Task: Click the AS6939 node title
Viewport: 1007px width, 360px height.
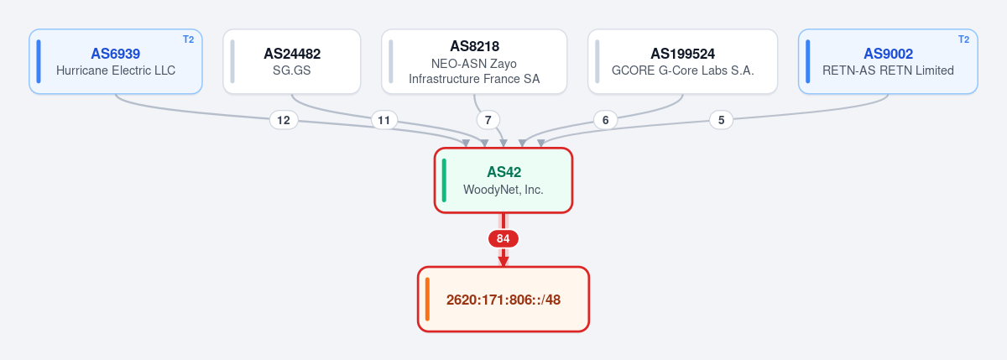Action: pyautogui.click(x=116, y=54)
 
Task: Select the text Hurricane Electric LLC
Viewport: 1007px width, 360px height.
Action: pyautogui.click(x=116, y=70)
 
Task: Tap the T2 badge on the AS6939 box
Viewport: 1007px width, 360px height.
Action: pyautogui.click(x=188, y=39)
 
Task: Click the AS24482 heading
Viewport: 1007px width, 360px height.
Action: pyautogui.click(x=292, y=54)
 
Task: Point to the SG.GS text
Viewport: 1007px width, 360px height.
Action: pyautogui.click(x=292, y=70)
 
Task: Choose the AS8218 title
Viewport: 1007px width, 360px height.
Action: pyautogui.click(x=474, y=46)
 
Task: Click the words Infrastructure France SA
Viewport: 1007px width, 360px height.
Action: pyautogui.click(x=474, y=79)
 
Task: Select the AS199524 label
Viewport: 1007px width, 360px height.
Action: pyautogui.click(x=682, y=54)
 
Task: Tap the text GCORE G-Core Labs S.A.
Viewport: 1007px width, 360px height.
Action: pyautogui.click(x=682, y=70)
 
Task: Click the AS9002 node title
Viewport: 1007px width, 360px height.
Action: pyautogui.click(x=889, y=54)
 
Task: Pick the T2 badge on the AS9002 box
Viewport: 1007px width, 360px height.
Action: pyautogui.click(x=964, y=39)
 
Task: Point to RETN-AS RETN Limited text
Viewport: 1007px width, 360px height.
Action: pyautogui.click(x=889, y=70)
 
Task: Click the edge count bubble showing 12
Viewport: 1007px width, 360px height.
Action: pyautogui.click(x=284, y=120)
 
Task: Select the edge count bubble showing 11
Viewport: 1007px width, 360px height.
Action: pyautogui.click(x=384, y=120)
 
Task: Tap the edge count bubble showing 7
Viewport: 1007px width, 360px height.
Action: pyautogui.click(x=488, y=120)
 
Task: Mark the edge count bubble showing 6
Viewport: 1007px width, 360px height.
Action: pyautogui.click(x=606, y=120)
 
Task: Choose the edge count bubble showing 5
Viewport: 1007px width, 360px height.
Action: pyautogui.click(x=721, y=120)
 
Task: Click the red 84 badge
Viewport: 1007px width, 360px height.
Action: pyautogui.click(x=503, y=238)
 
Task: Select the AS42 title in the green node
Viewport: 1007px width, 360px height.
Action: pyautogui.click(x=503, y=172)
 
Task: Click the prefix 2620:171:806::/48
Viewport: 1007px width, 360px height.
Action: pyautogui.click(x=503, y=300)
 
